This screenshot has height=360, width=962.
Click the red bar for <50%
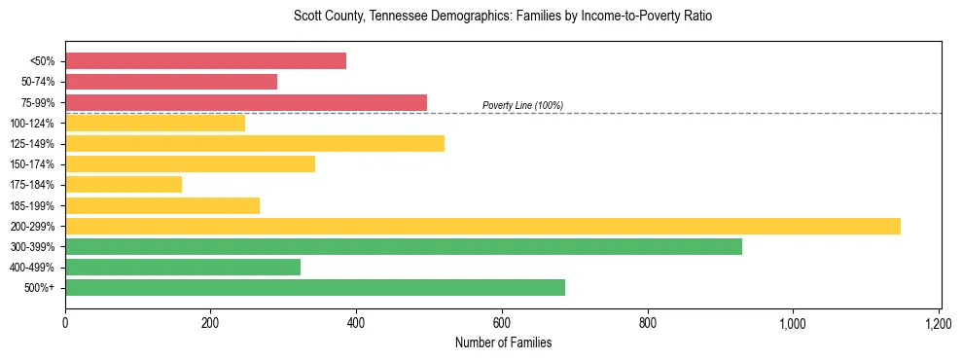[205, 61]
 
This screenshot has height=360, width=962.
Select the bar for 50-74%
[171, 82]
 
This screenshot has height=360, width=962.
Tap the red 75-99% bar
[246, 102]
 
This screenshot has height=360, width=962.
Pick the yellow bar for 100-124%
[155, 123]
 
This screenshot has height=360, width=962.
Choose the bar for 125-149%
[255, 144]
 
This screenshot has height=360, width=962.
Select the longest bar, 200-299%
[482, 226]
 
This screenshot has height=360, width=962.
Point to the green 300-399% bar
[404, 247]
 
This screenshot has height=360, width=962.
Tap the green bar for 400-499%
[183, 268]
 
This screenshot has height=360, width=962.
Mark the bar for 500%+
[315, 288]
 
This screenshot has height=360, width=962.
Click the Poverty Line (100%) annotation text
[522, 105]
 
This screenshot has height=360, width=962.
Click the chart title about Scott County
[503, 17]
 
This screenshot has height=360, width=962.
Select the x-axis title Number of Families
[503, 342]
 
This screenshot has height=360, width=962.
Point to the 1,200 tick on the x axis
[939, 322]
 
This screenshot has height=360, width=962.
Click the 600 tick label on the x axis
[502, 322]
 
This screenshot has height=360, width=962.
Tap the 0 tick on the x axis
[65, 322]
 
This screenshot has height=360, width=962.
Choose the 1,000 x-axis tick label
[793, 322]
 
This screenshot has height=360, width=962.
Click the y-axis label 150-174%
[32, 164]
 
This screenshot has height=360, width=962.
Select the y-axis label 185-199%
[32, 205]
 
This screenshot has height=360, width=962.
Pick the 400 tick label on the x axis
[356, 322]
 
